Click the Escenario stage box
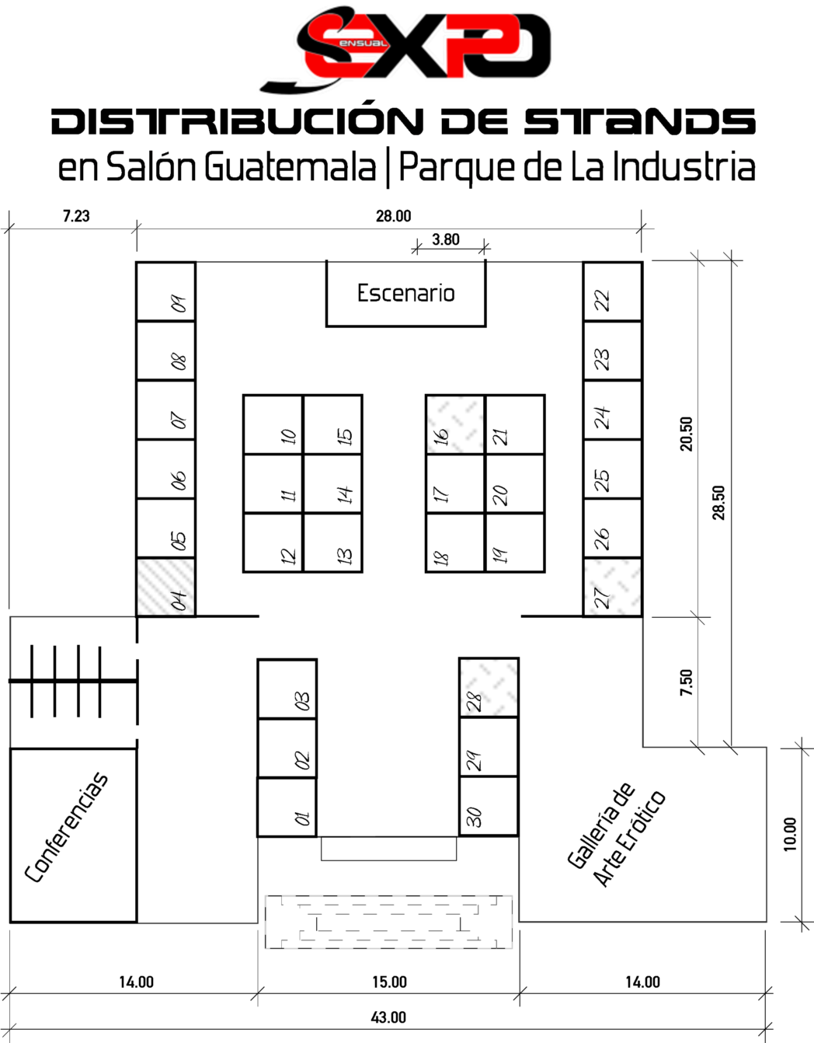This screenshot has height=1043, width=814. [405, 294]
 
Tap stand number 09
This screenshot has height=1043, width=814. [165, 291]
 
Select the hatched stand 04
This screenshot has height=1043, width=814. [165, 587]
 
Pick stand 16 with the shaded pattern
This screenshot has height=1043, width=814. [454, 424]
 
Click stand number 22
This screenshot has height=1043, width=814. [613, 291]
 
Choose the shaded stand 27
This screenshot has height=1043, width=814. [613, 587]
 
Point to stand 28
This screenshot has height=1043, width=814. [489, 687]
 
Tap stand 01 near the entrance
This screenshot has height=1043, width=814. [287, 807]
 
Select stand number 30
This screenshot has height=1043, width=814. [489, 806]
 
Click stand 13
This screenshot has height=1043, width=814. [333, 542]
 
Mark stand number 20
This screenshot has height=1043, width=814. [515, 484]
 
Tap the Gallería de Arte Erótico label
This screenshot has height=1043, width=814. [617, 835]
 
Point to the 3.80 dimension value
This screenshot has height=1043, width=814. [446, 239]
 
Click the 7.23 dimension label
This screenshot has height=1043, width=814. [76, 216]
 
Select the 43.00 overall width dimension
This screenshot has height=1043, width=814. [388, 1017]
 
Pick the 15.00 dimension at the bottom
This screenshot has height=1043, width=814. [389, 982]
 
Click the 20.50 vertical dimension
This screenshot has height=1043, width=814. [687, 434]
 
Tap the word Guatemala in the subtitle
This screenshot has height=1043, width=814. [290, 168]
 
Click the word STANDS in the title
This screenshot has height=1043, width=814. [639, 121]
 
